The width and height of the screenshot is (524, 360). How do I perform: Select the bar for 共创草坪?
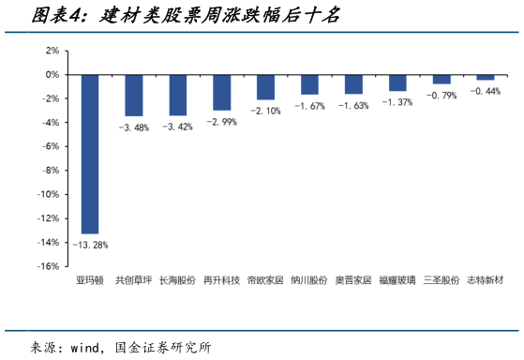pos(134,95)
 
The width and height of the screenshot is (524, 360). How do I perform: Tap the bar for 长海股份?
pos(177,95)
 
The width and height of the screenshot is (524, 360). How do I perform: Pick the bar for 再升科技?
pos(221,92)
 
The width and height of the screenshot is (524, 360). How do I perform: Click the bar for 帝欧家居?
pos(265,86)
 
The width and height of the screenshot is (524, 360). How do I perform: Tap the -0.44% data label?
pos(485,91)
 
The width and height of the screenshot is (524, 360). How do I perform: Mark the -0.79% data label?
pos(442,96)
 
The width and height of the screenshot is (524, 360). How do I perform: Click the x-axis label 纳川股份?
pos(309,280)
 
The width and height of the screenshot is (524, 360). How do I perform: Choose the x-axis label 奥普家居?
pos(353,280)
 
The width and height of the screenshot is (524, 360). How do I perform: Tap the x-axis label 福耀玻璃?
pos(397,280)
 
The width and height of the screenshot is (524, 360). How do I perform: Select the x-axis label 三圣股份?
pos(442,280)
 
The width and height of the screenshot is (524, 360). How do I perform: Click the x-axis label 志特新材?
pos(486,280)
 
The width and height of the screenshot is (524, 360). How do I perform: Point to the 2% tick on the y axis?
pos(52,51)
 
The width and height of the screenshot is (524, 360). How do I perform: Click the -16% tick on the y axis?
pos(49,266)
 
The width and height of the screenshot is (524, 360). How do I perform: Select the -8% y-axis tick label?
pos(51,171)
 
